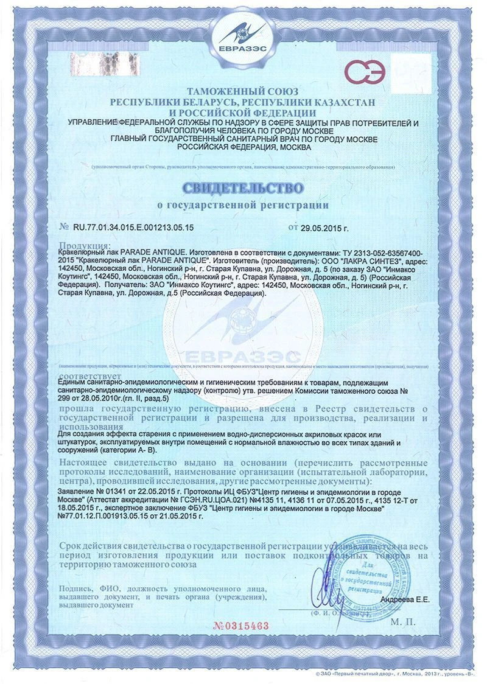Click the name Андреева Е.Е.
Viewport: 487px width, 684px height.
(x=405, y=600)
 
